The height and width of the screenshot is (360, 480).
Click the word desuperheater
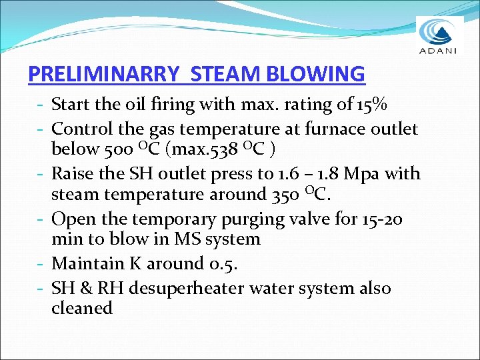[185, 289]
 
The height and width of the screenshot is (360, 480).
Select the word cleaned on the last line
[81, 308]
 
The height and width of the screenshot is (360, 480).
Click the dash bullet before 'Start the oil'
[41, 105]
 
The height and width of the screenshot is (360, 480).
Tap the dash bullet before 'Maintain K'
[41, 264]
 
